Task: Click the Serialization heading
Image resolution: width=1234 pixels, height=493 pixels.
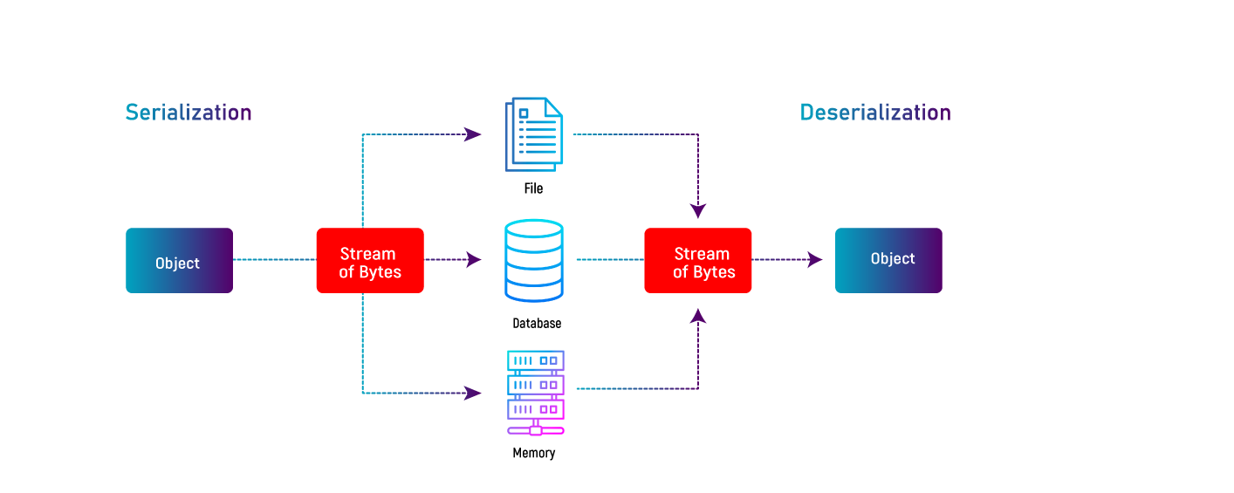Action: click(189, 113)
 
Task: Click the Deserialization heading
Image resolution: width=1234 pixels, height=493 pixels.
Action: click(875, 113)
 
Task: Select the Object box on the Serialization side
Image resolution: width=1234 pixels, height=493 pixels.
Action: click(179, 261)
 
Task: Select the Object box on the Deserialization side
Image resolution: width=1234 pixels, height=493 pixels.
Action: click(888, 260)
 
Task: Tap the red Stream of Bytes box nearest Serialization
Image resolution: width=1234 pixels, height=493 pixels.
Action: click(370, 261)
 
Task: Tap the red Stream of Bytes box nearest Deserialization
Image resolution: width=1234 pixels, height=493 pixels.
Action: click(698, 261)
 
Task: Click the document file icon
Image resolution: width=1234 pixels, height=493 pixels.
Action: click(534, 134)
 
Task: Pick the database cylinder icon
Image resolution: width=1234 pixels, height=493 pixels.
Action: click(534, 261)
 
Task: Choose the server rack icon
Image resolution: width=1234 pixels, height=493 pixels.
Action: click(536, 392)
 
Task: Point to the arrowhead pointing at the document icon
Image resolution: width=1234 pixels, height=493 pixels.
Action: click(473, 134)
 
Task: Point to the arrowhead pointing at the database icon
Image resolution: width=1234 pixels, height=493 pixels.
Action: click(473, 259)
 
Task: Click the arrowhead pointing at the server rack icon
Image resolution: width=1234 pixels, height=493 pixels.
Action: click(473, 393)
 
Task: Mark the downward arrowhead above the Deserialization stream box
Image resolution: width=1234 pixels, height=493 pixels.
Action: click(698, 210)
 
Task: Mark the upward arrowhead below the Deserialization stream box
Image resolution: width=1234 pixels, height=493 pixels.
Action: click(698, 315)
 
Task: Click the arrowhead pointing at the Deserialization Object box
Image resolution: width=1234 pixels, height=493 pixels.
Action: click(814, 259)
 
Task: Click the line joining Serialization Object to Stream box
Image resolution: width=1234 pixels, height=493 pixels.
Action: click(274, 259)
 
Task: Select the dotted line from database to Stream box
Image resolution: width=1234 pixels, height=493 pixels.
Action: click(609, 259)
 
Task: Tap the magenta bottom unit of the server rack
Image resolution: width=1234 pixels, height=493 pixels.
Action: click(536, 408)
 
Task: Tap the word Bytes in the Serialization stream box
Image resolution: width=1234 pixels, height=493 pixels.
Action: click(380, 271)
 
